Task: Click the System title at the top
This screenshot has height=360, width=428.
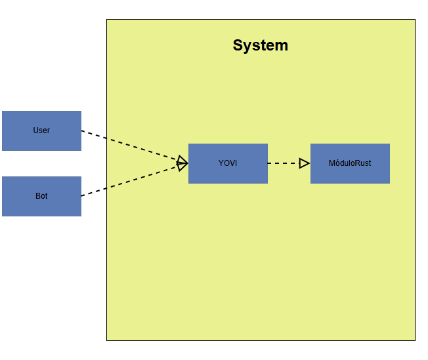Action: pos(260,45)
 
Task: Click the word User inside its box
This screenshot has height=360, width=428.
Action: pos(41,130)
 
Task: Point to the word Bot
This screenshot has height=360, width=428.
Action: pos(41,196)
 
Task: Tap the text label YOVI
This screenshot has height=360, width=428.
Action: pos(228,163)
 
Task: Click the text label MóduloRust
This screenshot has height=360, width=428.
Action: pos(350,163)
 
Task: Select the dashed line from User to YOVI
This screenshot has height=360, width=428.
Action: pos(131,146)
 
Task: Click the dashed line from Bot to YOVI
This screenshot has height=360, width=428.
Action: pos(131,180)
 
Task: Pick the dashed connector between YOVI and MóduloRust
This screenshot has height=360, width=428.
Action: pos(284,163)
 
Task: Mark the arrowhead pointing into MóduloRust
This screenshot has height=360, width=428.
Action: pos(305,163)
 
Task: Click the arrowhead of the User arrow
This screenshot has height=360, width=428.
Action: pos(182,160)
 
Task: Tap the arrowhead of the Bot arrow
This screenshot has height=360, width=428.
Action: pos(182,166)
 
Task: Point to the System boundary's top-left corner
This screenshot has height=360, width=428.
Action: pos(107,20)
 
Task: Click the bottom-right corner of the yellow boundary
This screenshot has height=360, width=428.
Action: pos(415,340)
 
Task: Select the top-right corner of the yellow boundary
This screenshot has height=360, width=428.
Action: pos(415,20)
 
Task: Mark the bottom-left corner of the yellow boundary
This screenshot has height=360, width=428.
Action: pos(107,340)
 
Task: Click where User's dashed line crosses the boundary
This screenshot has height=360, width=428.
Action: pos(107,138)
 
